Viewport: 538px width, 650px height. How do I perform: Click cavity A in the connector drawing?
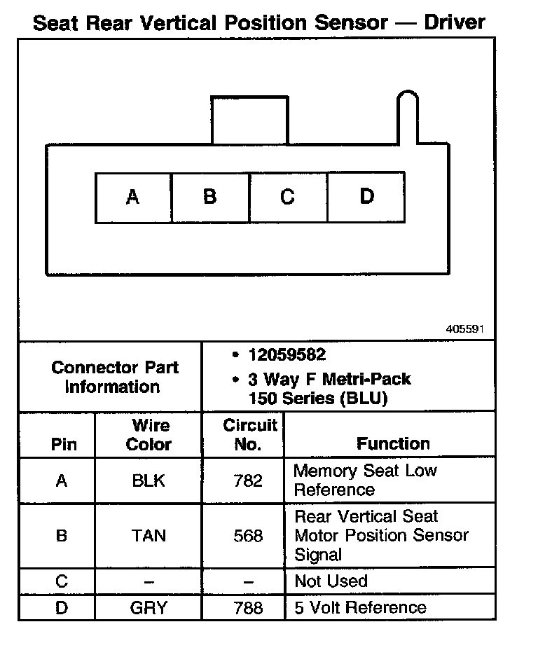point(133,198)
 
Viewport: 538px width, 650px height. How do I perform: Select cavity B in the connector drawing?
point(210,198)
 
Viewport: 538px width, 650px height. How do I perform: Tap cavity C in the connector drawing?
point(288,198)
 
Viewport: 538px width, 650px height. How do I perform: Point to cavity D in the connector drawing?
point(366,198)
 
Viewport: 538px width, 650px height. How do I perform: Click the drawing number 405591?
point(464,329)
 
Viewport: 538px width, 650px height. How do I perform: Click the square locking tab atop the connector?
point(249,120)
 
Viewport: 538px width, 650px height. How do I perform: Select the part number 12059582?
point(287,355)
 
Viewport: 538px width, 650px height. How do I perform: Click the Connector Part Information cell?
point(115,377)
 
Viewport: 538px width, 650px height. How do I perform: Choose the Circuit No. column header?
point(250,435)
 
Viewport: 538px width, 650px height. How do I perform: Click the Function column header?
point(392,443)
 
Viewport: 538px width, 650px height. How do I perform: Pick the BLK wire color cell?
point(149,480)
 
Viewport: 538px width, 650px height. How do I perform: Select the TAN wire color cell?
point(149,536)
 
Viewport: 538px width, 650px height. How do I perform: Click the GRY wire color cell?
point(149,607)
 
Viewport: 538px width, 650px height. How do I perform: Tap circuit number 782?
point(249,480)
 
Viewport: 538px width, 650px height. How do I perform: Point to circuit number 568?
point(249,536)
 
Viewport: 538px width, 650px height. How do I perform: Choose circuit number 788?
point(249,607)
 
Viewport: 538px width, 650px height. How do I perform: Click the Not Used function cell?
point(331,581)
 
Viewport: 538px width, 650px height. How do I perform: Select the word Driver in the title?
point(455,22)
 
